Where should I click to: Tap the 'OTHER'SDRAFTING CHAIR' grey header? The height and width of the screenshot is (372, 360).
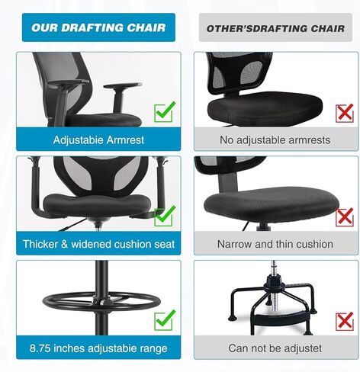[x=275, y=28]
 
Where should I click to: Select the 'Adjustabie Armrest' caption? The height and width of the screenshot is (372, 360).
[x=98, y=139]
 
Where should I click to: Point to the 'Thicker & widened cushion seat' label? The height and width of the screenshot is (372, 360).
[x=98, y=244]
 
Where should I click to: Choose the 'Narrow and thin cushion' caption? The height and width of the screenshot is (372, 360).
[x=275, y=244]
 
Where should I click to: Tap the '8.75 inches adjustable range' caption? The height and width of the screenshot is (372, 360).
[x=98, y=348]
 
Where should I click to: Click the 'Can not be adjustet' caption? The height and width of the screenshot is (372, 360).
[x=275, y=348]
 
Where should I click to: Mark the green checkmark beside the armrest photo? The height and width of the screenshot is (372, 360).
[x=165, y=113]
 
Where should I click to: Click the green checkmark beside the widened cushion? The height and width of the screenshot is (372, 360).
[x=165, y=216]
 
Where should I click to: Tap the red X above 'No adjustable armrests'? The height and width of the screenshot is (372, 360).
[x=345, y=114]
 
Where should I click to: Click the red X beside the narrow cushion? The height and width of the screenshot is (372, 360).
[x=345, y=217]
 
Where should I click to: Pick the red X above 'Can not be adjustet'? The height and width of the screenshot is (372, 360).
[x=345, y=321]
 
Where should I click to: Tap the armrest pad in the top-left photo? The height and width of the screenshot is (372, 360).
[x=123, y=86]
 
